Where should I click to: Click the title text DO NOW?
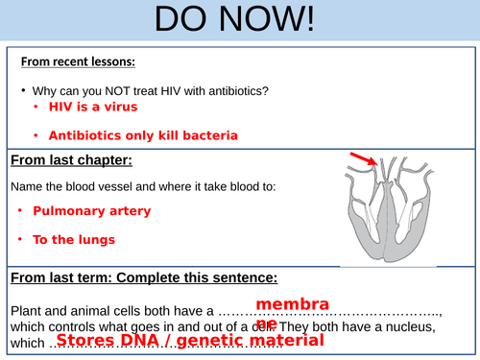point(239,21)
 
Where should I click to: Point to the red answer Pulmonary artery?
point(91,209)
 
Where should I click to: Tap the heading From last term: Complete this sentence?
point(144,278)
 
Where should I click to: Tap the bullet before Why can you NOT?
point(21,91)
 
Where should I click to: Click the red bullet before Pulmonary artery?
point(20,209)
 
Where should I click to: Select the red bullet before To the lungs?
point(20,239)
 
